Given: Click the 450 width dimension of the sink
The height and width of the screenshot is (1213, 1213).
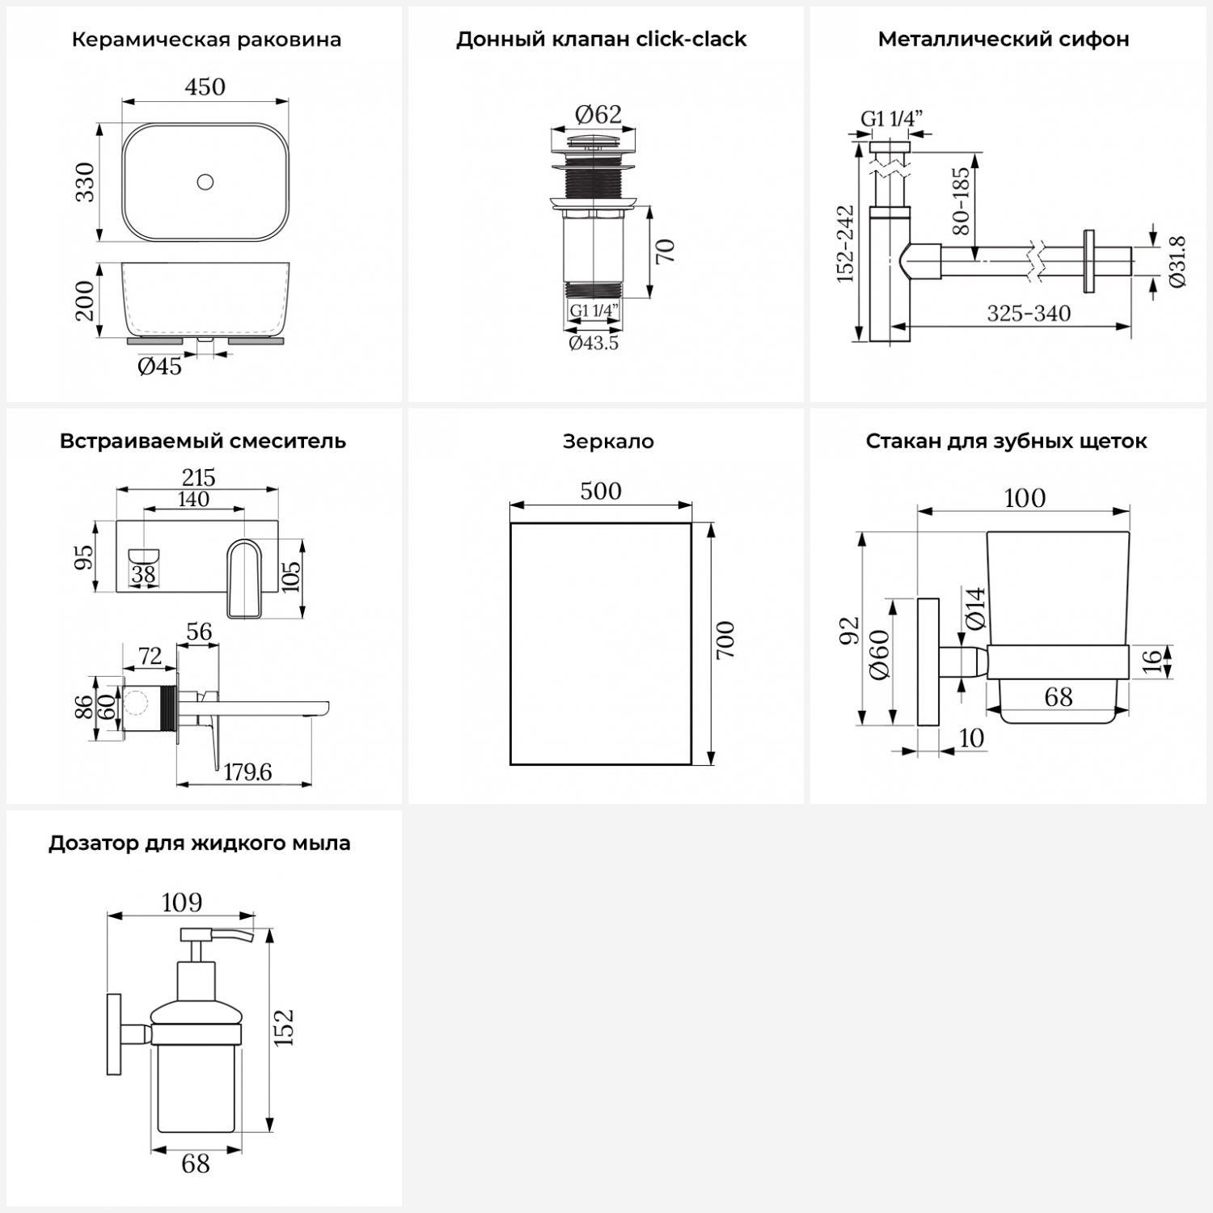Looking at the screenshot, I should click(x=205, y=87).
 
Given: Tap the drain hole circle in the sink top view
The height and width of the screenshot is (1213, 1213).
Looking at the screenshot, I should click(x=205, y=182).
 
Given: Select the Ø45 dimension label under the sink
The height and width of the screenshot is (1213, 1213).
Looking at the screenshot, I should click(x=159, y=367).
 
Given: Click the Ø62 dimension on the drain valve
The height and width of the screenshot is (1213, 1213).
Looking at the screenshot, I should click(x=598, y=115).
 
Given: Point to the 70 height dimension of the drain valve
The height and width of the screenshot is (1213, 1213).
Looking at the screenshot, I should click(x=665, y=251).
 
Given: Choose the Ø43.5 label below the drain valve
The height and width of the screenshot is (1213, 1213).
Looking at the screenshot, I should click(x=594, y=344).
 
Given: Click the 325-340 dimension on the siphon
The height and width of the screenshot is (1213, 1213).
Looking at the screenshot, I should click(x=1029, y=314).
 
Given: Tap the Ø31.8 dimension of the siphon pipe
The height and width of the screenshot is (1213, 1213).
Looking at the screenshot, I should click(x=1177, y=261).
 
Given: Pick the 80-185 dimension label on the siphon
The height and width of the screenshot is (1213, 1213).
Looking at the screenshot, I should click(x=961, y=201).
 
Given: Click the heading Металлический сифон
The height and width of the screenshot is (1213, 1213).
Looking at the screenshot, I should click(x=1004, y=40).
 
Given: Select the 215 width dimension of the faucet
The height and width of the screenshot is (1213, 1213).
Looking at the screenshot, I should click(x=198, y=477).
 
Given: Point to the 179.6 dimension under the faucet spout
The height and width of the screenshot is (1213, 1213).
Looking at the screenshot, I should click(x=247, y=772).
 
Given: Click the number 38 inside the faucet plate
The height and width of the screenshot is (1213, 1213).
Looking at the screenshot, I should click(x=143, y=574).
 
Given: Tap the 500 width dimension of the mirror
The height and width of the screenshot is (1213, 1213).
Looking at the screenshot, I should click(x=601, y=492).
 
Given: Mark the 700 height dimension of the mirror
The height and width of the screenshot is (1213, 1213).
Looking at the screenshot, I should click(x=725, y=639).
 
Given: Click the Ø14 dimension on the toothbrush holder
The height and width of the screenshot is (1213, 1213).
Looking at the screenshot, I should click(x=976, y=608).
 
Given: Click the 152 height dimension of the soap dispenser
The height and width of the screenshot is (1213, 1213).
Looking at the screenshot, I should click(x=283, y=1027).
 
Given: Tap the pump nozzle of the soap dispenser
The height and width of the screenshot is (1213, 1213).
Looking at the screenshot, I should click(x=235, y=936).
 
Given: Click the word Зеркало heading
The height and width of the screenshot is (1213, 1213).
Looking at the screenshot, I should click(x=608, y=442).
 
